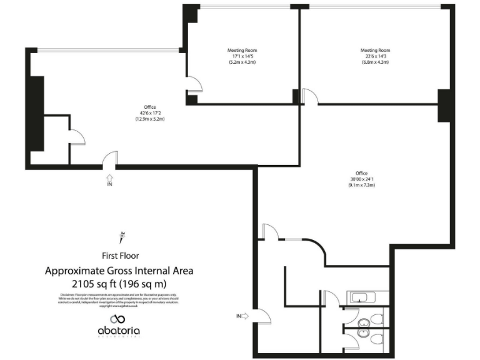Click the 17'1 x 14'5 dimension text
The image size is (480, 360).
(242, 56)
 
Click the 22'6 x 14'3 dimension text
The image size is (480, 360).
(375, 56)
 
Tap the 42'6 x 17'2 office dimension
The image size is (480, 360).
(149, 112)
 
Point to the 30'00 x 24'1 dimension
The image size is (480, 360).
(362, 179)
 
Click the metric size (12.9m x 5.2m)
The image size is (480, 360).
(149, 119)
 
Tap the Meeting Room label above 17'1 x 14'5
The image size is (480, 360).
(242, 50)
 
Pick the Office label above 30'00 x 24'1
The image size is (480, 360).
(362, 173)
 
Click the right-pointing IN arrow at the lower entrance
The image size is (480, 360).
(244, 316)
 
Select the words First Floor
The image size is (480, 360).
(121, 255)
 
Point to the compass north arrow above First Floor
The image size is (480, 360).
(120, 237)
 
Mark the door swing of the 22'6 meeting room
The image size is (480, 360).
(311, 97)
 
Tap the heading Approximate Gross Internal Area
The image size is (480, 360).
(119, 271)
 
